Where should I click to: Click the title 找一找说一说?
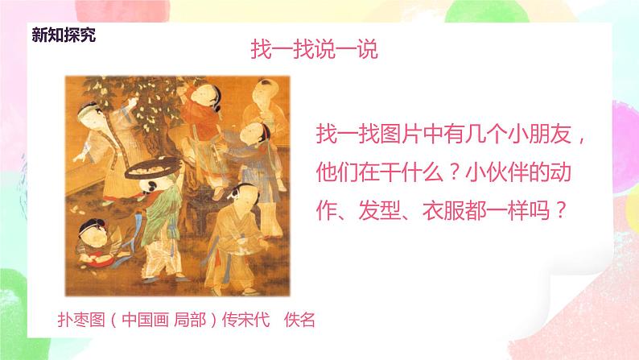click(315, 49)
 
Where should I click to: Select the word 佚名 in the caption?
click(299, 319)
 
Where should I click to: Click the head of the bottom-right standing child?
click(237, 196)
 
